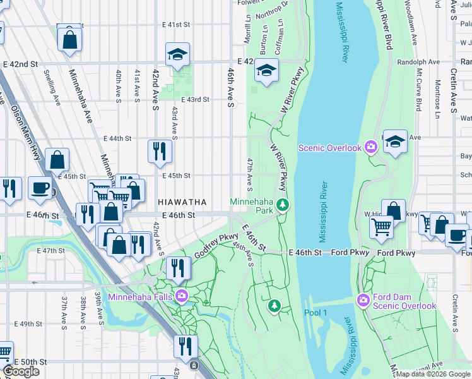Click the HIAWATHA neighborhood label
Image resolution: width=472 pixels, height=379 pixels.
point(182,202)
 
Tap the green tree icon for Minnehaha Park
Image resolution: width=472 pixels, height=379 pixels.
point(283,204)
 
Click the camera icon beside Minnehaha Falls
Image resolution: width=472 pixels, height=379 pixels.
point(182,296)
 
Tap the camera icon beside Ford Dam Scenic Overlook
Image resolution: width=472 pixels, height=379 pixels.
point(363,299)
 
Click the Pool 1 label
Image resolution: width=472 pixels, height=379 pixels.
point(316,313)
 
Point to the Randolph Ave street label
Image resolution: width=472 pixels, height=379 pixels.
point(418,62)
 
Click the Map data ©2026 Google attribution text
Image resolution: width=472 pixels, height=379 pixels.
point(433,374)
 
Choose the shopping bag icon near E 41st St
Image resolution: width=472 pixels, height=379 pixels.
point(69,39)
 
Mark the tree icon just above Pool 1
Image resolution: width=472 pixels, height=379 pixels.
point(274,306)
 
